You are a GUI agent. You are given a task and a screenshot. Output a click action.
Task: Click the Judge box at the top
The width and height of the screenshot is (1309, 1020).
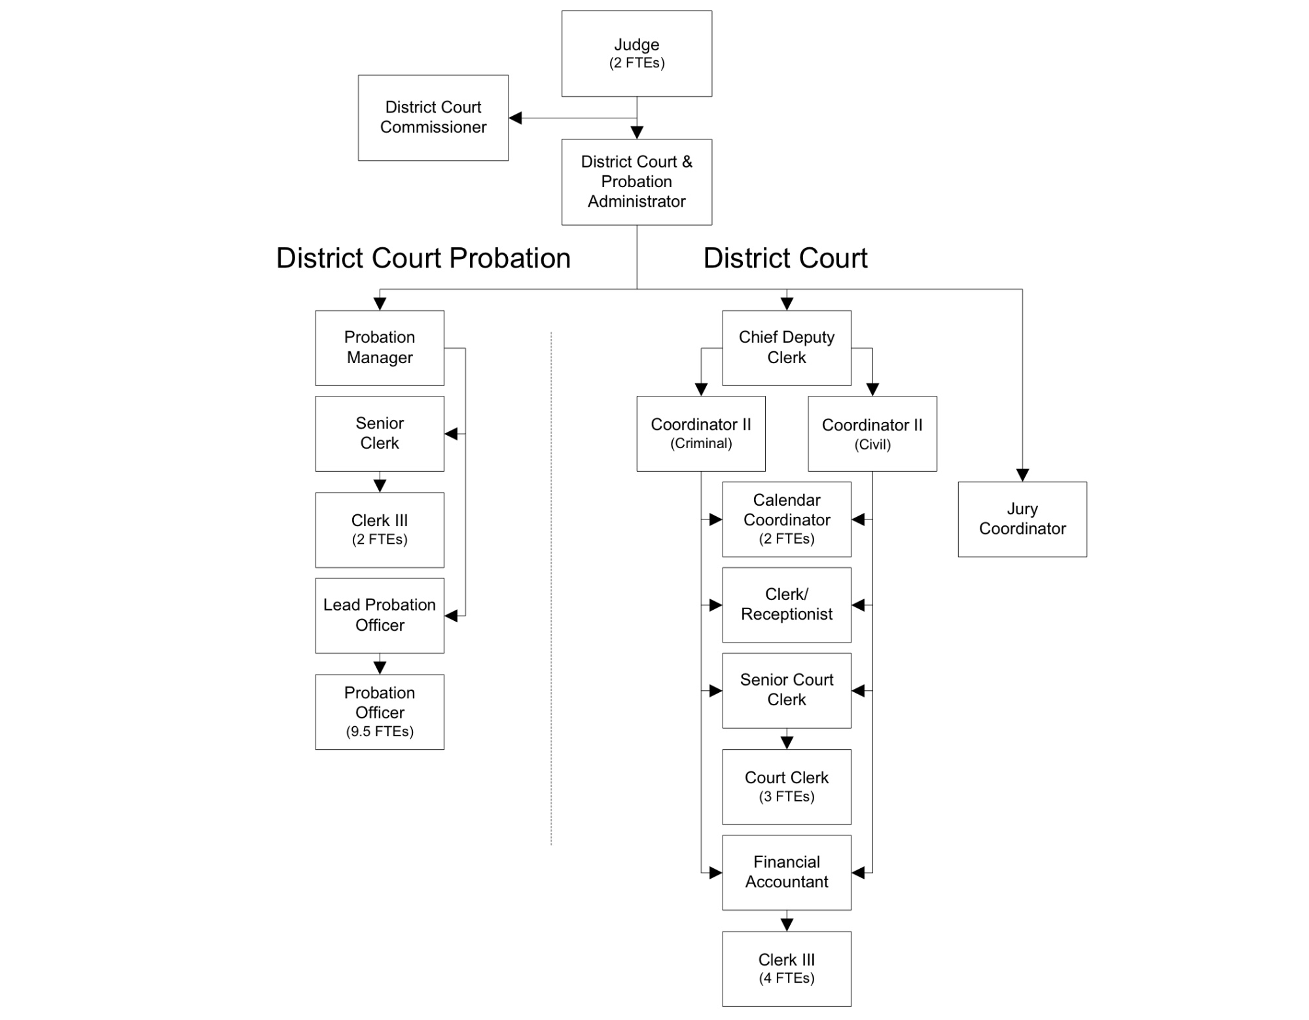click(636, 54)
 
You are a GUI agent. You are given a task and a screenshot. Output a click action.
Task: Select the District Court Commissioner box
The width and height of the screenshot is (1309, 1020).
click(433, 118)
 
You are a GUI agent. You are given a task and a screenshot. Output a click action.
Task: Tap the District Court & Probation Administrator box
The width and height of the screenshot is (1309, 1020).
click(636, 182)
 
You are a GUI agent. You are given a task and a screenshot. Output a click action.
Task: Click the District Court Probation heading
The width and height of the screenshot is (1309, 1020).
click(423, 258)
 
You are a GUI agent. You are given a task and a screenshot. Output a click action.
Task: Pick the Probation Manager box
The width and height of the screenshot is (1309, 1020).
click(380, 347)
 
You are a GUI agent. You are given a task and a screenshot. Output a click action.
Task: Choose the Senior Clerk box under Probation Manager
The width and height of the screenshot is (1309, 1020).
click(380, 433)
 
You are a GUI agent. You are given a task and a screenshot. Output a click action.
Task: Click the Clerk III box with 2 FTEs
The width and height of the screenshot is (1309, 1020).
click(380, 530)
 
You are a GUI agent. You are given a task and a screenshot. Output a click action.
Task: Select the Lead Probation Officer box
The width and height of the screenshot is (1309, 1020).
click(380, 615)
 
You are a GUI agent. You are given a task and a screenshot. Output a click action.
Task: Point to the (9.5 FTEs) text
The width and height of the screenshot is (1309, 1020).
click(380, 731)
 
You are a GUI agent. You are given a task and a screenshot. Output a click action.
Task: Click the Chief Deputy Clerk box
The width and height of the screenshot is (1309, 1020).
click(786, 347)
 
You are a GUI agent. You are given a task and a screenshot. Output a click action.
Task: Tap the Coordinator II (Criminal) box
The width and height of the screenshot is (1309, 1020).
click(700, 433)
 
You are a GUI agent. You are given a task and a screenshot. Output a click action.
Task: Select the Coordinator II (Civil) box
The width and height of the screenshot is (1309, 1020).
click(872, 433)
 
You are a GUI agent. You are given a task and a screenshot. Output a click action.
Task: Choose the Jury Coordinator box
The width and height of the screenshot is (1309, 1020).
click(1022, 519)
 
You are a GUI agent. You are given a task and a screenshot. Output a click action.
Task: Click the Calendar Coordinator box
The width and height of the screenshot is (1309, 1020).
click(786, 519)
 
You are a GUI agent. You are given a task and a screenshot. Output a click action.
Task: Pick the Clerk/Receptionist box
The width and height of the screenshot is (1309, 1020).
click(786, 605)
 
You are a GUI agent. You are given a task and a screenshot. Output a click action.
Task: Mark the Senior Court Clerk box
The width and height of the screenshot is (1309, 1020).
click(786, 690)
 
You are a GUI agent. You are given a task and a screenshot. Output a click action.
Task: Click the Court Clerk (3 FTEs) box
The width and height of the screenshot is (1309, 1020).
click(786, 786)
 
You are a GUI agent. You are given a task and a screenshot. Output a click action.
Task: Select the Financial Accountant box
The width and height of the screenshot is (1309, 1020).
click(786, 872)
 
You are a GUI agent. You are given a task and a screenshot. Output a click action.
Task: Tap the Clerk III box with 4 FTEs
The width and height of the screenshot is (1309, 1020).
click(786, 968)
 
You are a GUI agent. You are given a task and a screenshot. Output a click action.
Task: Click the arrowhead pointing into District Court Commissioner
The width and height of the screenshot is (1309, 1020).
click(516, 118)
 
